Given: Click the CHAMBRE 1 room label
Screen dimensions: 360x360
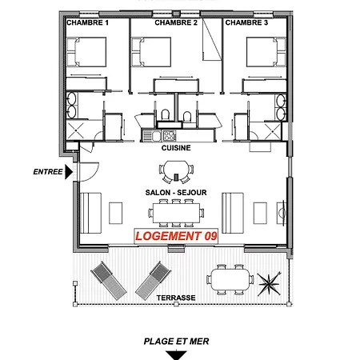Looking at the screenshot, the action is [87, 22].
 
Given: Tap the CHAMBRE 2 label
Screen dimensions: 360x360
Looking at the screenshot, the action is [176, 22].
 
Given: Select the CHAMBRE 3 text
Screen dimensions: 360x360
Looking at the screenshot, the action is [246, 22].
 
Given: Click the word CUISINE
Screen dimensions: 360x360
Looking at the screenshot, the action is [176, 148].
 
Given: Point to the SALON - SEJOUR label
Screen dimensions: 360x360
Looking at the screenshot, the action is [176, 192].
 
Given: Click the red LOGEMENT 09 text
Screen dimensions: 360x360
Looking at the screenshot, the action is [176, 236].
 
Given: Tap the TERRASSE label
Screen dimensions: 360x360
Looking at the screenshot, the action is [176, 298].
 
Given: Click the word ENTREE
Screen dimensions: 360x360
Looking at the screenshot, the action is [48, 172].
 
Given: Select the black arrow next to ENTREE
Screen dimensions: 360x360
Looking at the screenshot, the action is [69, 172].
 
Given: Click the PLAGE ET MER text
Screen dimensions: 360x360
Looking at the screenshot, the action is [176, 342].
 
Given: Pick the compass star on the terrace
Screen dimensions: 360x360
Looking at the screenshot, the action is [270, 284].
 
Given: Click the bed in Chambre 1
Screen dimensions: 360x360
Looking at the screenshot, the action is [86, 52].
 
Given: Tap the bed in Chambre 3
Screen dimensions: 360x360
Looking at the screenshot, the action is [266, 52].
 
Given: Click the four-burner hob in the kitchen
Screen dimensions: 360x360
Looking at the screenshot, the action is [170, 135].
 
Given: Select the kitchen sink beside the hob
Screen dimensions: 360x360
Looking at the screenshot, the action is [152, 135].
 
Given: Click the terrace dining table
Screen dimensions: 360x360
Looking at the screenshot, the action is [230, 279].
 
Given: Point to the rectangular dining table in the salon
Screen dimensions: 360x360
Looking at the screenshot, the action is [176, 213].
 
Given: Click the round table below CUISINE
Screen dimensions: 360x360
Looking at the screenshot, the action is [176, 171].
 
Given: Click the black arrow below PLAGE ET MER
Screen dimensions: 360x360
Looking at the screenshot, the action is [176, 355].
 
